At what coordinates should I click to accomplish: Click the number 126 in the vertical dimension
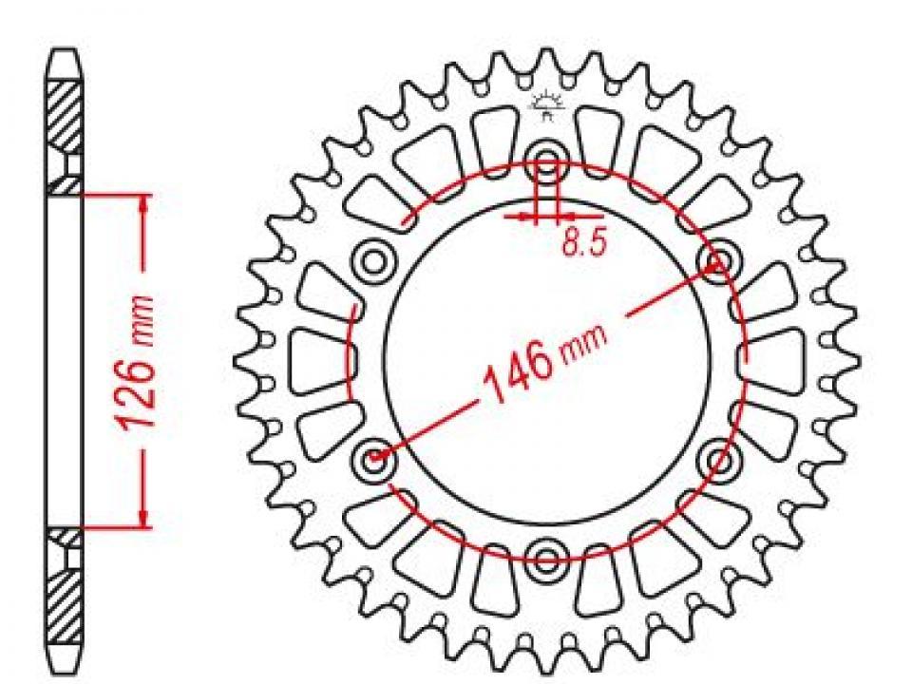coord(138,390)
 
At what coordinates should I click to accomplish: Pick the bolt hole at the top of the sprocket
coord(545,161)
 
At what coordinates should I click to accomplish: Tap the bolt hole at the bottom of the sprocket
coord(545,559)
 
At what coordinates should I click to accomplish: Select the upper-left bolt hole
coord(373,260)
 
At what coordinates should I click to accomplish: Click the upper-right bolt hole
coord(719,260)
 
